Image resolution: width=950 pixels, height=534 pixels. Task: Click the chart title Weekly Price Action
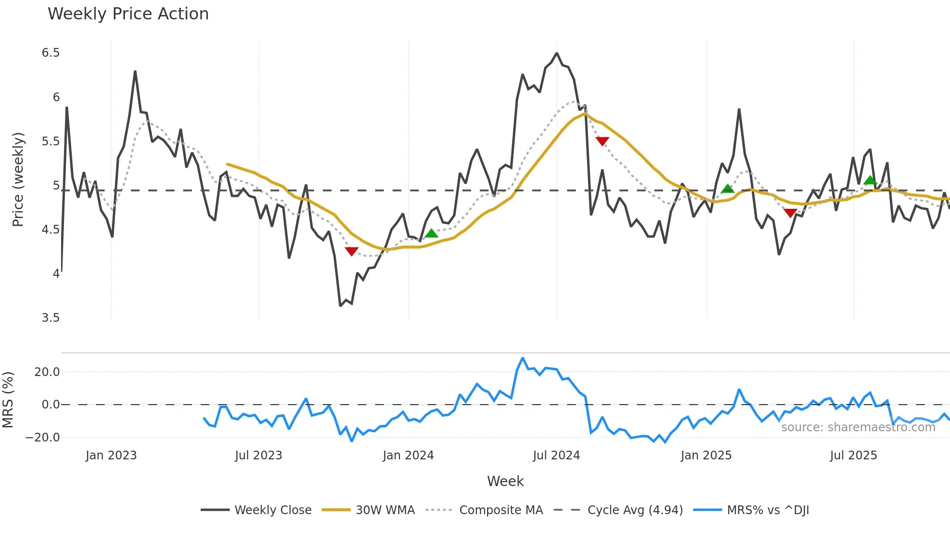[128, 14]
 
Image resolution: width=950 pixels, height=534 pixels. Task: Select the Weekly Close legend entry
[273, 510]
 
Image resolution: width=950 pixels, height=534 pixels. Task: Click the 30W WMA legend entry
[385, 510]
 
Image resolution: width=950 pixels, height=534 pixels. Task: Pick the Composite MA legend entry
[501, 510]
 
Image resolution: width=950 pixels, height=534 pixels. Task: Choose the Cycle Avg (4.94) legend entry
[635, 510]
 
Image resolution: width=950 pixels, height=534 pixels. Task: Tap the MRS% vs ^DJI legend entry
[768, 510]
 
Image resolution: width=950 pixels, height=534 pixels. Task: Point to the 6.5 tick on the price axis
[51, 53]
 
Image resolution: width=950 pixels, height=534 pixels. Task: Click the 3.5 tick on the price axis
[51, 318]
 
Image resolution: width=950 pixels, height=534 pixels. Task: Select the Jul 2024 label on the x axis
[556, 455]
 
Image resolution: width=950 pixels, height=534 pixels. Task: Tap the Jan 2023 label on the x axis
[111, 455]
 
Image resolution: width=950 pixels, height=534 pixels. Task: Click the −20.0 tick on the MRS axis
[43, 438]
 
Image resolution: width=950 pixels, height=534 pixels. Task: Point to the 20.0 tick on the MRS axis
[47, 372]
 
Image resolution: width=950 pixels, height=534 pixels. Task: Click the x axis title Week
[505, 481]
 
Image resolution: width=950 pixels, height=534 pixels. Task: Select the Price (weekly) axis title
[18, 179]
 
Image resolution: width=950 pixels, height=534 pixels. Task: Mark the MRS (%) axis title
[8, 400]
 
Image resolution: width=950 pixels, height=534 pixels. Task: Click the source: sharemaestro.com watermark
[858, 427]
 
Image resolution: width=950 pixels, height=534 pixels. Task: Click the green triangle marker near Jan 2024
[431, 234]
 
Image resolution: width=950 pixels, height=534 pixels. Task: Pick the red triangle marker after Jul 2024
[602, 141]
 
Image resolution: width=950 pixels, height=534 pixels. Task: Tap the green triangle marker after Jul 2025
[870, 180]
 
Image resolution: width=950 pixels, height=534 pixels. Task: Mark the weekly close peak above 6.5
[557, 53]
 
